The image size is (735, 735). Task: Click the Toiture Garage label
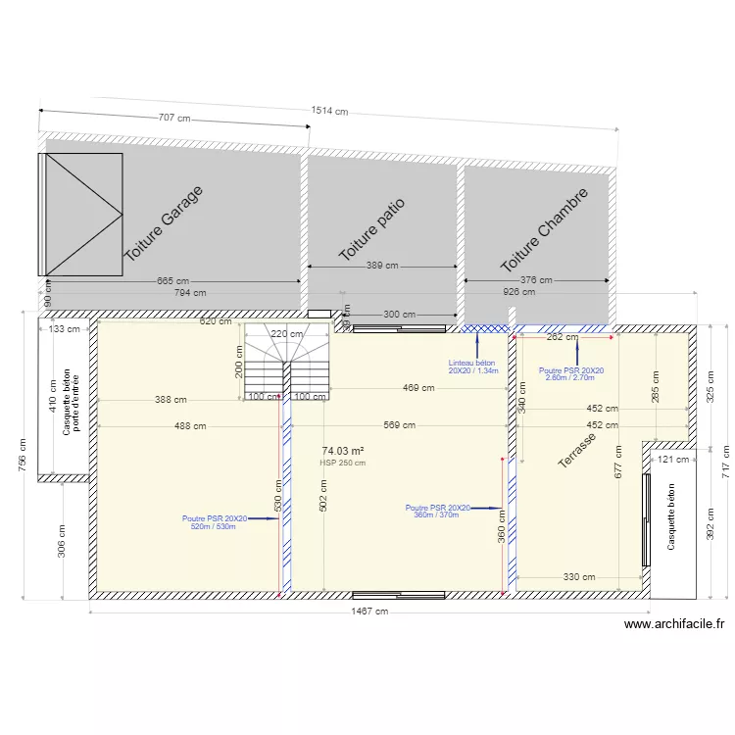[x=165, y=222]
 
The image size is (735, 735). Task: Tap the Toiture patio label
[x=371, y=229]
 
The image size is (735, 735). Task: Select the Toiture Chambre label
[x=545, y=230]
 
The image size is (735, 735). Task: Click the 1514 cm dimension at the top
[x=329, y=111]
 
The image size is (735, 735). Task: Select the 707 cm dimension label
[x=174, y=118]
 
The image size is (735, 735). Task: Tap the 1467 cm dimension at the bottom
[x=368, y=612]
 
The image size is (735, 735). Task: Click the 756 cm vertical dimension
[x=22, y=455]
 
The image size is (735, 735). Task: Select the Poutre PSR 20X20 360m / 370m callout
[x=437, y=511]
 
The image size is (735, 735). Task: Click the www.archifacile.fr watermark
[x=673, y=624]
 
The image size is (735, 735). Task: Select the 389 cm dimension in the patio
[x=382, y=266]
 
